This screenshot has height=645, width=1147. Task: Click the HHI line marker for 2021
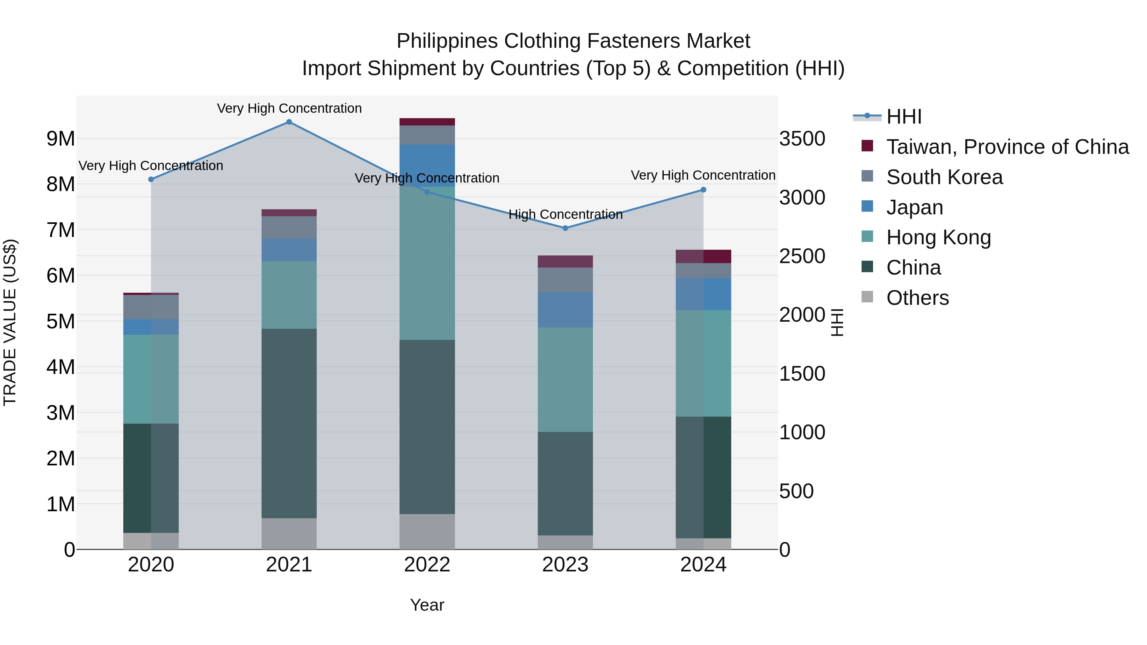tap(289, 122)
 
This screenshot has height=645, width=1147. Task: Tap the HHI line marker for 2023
tap(565, 228)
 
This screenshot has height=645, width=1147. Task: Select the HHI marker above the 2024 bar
tap(703, 190)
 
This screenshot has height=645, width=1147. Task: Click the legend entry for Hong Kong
tap(938, 237)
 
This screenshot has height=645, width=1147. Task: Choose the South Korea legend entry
tap(944, 177)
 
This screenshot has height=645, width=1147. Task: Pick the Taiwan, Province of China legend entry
tap(1007, 147)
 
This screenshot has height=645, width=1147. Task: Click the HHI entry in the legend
tap(904, 117)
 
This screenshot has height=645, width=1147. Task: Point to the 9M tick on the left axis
tap(61, 139)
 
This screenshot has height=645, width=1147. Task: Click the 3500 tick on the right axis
tap(802, 139)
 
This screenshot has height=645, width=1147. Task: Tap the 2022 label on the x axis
tap(427, 565)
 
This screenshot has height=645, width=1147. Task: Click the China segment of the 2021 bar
tap(289, 423)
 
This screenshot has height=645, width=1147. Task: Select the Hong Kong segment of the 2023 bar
tap(565, 379)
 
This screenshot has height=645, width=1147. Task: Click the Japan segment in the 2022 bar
tap(427, 160)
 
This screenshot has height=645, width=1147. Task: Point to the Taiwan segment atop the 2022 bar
tap(427, 122)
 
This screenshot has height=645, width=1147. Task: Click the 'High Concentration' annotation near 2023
tap(565, 215)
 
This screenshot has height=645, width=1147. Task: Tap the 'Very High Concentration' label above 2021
tap(289, 109)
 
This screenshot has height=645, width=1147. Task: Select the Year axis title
tap(427, 605)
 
